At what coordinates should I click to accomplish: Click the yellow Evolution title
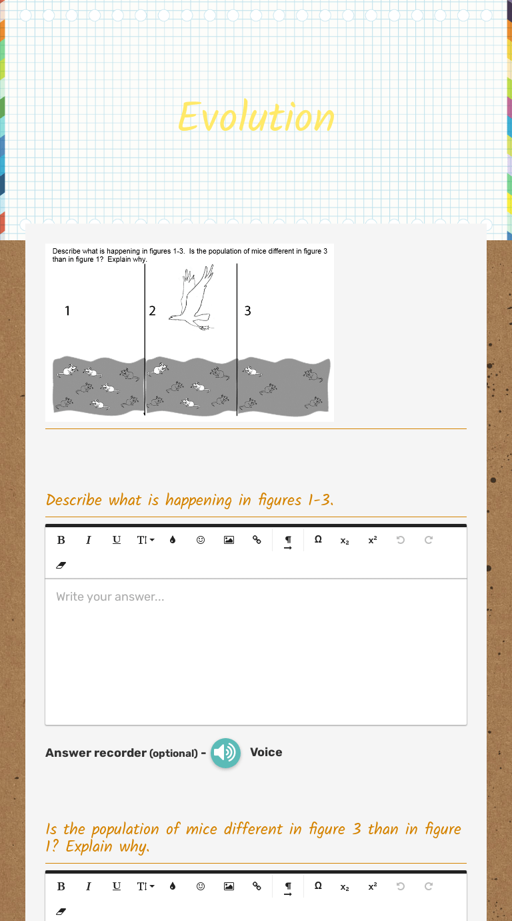click(x=256, y=117)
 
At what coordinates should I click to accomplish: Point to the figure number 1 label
click(x=67, y=310)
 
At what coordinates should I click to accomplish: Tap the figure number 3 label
click(x=248, y=310)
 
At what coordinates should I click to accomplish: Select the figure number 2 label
click(x=152, y=310)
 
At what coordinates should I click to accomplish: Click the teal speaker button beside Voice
click(x=225, y=753)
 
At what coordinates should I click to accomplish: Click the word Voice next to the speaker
click(x=266, y=752)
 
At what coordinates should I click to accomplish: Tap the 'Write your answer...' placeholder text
click(x=110, y=597)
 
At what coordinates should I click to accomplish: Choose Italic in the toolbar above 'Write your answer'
click(x=88, y=540)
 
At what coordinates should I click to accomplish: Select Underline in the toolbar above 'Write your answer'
click(x=117, y=540)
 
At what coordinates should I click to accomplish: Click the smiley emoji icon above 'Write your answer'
click(x=200, y=540)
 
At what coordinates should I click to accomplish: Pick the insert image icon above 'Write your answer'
click(x=229, y=540)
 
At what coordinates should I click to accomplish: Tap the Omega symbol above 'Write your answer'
click(x=318, y=540)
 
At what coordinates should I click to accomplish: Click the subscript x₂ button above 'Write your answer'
click(x=345, y=540)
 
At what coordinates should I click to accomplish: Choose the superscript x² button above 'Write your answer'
click(x=372, y=540)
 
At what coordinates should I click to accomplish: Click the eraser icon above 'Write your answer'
click(x=61, y=565)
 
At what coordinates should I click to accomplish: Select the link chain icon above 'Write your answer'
click(x=257, y=540)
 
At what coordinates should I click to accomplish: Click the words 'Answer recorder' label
click(x=96, y=753)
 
